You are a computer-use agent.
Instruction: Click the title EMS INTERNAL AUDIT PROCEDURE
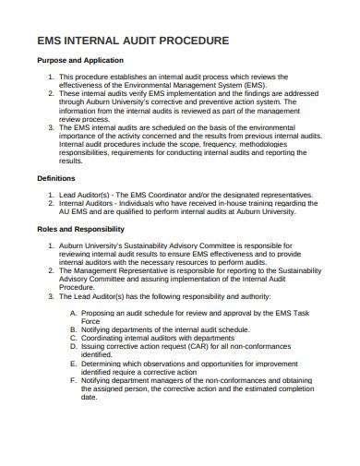[x=132, y=42]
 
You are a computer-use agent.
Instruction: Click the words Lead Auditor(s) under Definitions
[x=88, y=195]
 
